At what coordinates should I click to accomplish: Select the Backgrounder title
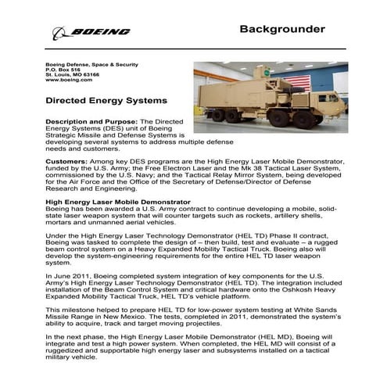281,30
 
